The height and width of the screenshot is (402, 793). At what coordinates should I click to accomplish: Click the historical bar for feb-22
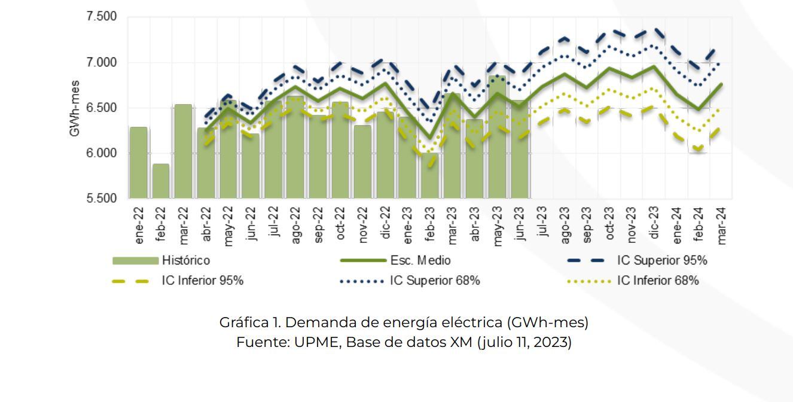tap(161, 181)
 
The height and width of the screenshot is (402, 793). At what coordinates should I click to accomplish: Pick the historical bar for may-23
tap(498, 137)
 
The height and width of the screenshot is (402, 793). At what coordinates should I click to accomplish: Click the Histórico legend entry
tap(184, 261)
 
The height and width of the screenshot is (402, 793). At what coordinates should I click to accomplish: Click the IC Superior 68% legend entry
tap(435, 281)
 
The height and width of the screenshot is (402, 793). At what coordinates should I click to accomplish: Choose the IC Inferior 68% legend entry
tap(658, 281)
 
